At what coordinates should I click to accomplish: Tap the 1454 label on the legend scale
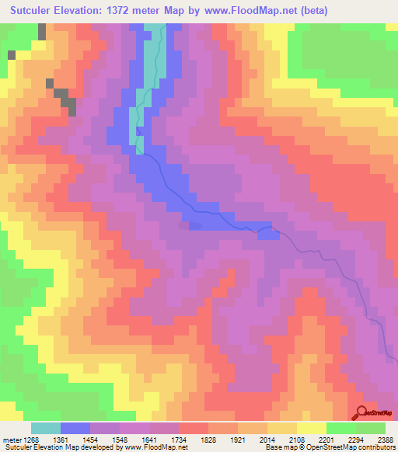105,439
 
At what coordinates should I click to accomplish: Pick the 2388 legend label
386,439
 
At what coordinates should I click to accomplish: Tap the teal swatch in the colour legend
45,428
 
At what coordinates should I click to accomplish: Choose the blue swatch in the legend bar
75,428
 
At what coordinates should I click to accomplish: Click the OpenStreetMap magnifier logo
361,413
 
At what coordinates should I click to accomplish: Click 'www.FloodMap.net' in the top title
251,11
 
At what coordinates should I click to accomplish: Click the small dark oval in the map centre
194,227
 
